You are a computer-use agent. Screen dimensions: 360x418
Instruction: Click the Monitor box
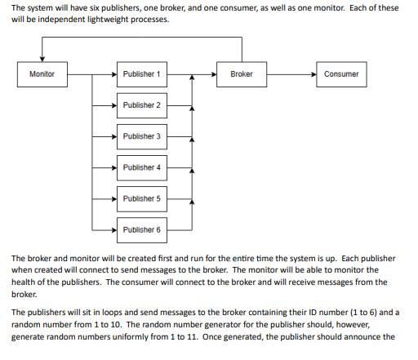click(x=42, y=74)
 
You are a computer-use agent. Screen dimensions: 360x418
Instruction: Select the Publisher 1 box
click(x=141, y=74)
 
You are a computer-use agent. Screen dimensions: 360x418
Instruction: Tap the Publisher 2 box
click(x=141, y=105)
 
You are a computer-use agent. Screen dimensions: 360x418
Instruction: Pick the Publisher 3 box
click(x=141, y=136)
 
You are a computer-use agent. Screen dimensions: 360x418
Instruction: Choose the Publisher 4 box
click(x=141, y=167)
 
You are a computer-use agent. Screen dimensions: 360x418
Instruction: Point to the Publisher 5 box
click(x=141, y=198)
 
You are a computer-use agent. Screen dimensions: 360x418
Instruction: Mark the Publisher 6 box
click(x=141, y=229)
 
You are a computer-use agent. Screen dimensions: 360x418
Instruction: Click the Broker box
click(x=242, y=74)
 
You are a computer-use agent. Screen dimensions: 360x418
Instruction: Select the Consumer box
click(x=340, y=74)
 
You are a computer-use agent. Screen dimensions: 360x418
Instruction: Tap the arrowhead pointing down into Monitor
click(x=42, y=58)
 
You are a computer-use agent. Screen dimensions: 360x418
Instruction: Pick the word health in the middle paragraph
click(x=27, y=282)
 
